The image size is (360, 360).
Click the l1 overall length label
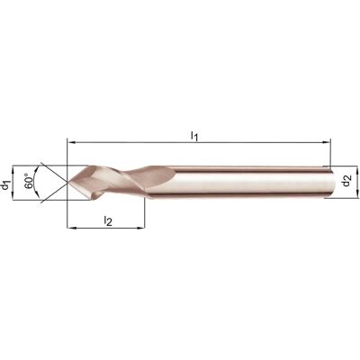[x=194, y=136]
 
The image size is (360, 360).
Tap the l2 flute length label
[x=108, y=221]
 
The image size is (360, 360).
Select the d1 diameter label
[x=5, y=184]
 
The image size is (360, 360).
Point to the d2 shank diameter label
[x=347, y=181]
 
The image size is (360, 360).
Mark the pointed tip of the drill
[x=67, y=182]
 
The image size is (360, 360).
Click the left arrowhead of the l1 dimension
[x=71, y=142]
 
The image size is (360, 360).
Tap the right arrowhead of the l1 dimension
[x=327, y=142]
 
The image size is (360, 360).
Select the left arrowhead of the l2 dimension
[x=71, y=229]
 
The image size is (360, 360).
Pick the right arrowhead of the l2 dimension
[x=141, y=229]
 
